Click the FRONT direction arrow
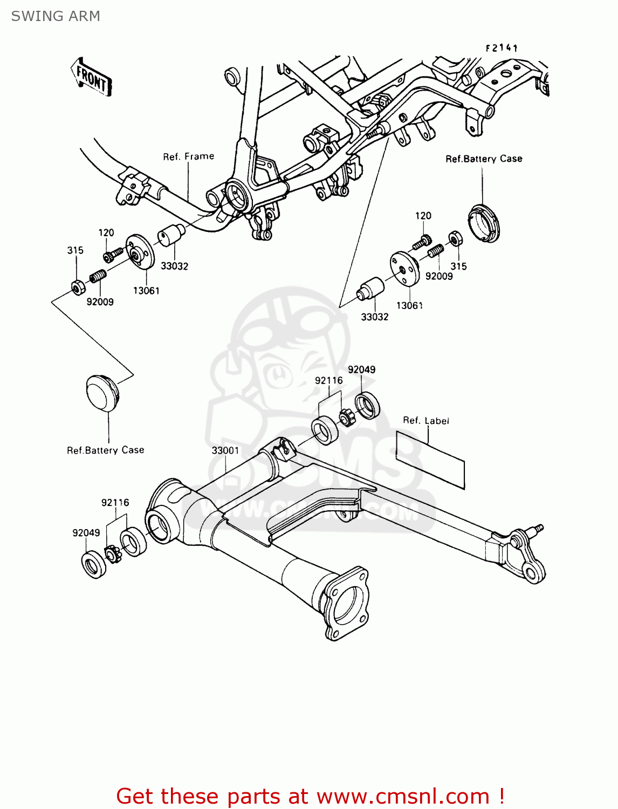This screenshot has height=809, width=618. (91, 78)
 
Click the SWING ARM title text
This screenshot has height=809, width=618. (56, 16)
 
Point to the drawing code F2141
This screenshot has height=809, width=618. (501, 48)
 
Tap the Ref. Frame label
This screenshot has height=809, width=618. (188, 156)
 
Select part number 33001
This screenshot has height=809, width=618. (225, 450)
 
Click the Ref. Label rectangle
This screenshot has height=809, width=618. (430, 460)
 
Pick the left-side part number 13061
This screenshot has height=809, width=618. (146, 291)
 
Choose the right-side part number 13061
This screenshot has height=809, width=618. (409, 306)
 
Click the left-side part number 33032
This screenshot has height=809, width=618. (174, 266)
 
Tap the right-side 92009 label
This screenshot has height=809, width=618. (439, 276)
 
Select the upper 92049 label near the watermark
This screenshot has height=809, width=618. (361, 369)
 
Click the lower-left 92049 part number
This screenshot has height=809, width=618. (86, 533)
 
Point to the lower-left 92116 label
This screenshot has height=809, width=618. (115, 503)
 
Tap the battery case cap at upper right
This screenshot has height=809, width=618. (484, 223)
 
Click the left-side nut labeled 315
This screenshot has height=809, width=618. (77, 287)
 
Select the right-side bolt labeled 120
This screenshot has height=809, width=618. (422, 242)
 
